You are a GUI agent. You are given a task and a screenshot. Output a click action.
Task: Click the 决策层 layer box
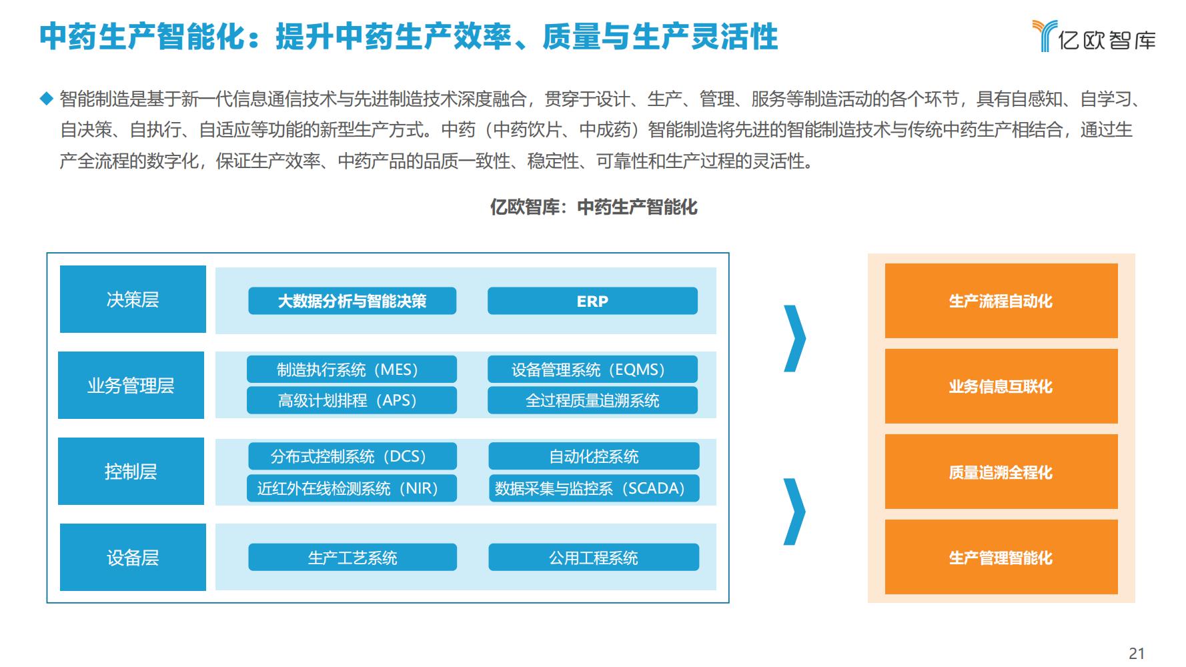[x=133, y=299]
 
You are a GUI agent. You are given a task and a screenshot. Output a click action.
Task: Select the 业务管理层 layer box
[x=131, y=385]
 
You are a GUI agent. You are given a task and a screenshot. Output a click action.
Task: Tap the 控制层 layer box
[x=131, y=471]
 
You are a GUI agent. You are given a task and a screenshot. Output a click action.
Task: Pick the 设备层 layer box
[x=133, y=557]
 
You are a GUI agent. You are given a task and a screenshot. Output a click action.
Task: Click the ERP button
[x=592, y=301]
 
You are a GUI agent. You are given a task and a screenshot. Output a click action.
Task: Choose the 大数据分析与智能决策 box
[x=352, y=301]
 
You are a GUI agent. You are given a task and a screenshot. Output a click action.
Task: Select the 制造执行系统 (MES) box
[x=352, y=370]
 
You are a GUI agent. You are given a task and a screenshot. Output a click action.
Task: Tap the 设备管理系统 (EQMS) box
[x=592, y=370]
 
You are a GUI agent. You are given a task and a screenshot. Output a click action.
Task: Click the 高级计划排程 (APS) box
[x=352, y=400]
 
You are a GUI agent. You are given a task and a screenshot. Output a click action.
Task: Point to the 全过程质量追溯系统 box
[x=592, y=400]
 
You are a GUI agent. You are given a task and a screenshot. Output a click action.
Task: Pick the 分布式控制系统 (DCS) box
[x=352, y=456]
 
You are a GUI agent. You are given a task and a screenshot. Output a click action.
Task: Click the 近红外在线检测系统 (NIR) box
[x=352, y=488]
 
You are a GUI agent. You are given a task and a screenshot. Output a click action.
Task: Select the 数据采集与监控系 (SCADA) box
[x=594, y=488]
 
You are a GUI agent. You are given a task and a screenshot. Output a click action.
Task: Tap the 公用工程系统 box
[x=594, y=557]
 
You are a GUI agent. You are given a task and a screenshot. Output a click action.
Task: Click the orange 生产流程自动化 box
[x=1001, y=301]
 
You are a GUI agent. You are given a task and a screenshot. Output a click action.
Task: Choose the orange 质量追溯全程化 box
[x=1001, y=472]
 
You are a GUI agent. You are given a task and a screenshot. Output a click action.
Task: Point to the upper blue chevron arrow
[x=797, y=338]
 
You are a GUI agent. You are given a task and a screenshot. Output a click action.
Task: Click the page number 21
[x=1137, y=654]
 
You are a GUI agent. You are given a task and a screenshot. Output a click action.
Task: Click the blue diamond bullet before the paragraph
[x=46, y=99]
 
